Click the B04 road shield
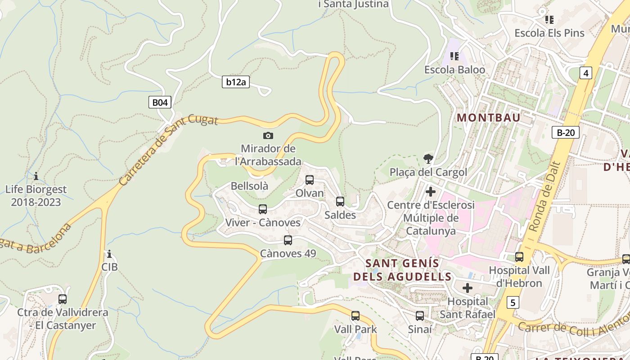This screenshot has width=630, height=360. (x=160, y=103)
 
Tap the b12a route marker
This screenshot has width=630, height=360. (x=236, y=82)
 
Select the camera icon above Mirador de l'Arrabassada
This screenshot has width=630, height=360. (x=268, y=135)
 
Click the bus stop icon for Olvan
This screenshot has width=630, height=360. (x=310, y=180)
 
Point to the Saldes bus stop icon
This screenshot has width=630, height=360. (x=340, y=202)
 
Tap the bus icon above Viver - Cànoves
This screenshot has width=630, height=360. (x=263, y=209)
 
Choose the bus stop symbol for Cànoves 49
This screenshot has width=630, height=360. (x=288, y=240)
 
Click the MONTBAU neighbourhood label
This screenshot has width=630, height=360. (x=489, y=118)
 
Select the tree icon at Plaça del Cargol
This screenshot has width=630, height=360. (x=428, y=158)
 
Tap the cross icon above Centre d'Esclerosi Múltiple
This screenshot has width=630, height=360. (x=431, y=192)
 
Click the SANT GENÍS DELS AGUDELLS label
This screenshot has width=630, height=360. (x=402, y=270)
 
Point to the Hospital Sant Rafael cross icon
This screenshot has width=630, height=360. (x=468, y=288)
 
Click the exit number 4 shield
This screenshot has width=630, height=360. (x=585, y=73)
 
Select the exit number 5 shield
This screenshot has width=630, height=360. (x=513, y=302)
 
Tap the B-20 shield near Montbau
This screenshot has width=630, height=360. (x=565, y=132)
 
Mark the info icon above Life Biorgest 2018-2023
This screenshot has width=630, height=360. (x=36, y=176)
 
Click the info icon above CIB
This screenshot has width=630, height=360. (x=109, y=254)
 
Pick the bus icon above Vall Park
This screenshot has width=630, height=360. (x=355, y=316)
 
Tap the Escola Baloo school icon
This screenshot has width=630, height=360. (x=454, y=56)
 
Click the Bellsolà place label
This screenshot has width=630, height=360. (x=249, y=186)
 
